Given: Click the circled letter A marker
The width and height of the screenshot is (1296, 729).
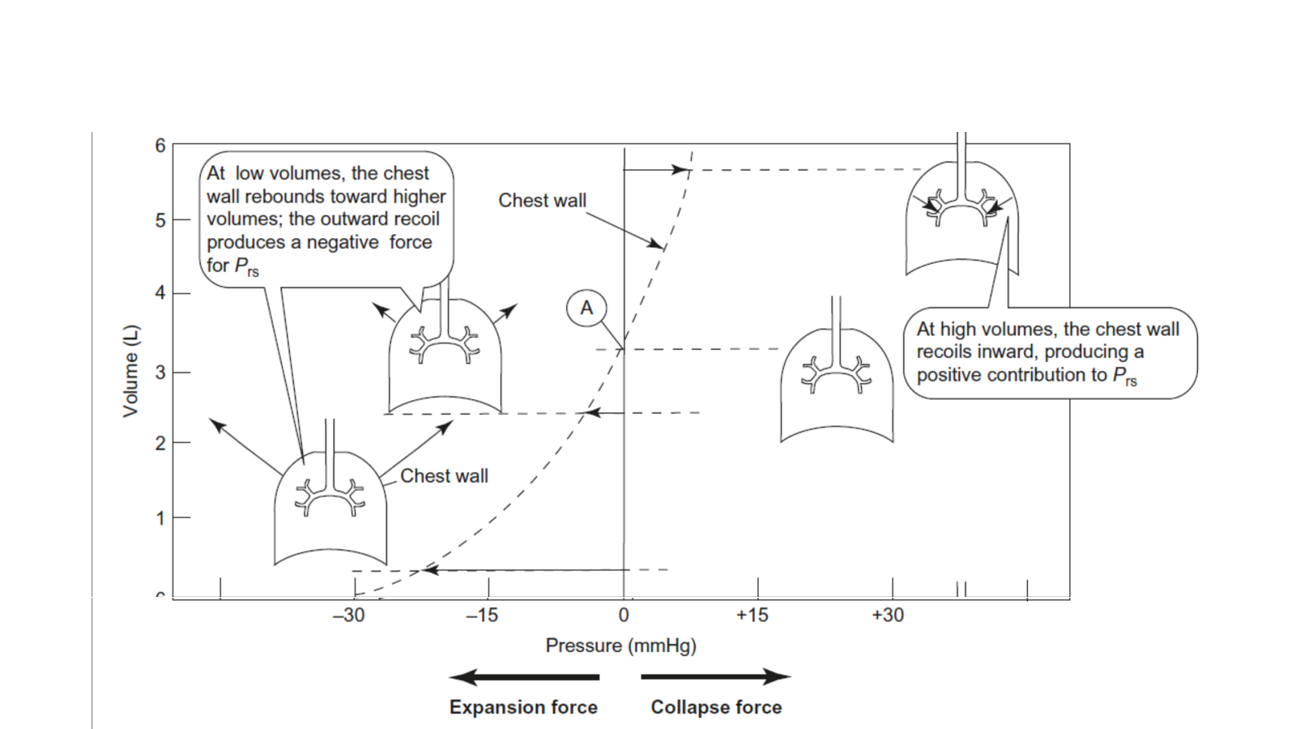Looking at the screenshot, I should point(586,308).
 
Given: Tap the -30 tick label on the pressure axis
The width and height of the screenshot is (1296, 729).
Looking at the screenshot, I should point(349,616).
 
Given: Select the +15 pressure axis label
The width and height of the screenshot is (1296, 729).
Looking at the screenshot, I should point(752,616).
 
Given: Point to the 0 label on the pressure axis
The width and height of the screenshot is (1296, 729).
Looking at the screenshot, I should point(624,616).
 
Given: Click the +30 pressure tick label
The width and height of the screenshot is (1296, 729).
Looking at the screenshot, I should point(888,616).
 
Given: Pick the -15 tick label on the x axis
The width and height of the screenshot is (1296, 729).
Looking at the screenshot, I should point(482,616).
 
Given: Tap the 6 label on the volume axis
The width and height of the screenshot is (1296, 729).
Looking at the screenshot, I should point(160,146).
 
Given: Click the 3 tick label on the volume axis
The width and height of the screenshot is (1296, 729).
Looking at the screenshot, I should point(160,373).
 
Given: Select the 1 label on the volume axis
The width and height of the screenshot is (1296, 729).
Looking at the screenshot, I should point(160,518).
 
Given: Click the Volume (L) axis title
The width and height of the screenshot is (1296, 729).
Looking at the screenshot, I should point(130,371).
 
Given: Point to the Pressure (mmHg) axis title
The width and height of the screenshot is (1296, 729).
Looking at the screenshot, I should point(620,646).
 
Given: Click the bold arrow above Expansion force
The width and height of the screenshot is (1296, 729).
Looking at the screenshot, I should point(525,677).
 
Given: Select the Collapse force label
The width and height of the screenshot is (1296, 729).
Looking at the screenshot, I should point(716,707).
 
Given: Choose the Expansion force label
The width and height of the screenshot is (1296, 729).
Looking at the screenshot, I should point(523,707).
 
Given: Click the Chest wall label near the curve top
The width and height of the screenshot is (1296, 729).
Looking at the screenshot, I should point(542,200).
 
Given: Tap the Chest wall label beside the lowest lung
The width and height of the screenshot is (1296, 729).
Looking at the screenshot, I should point(444,476).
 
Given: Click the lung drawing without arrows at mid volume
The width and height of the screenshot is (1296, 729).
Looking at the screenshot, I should point(837,381).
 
